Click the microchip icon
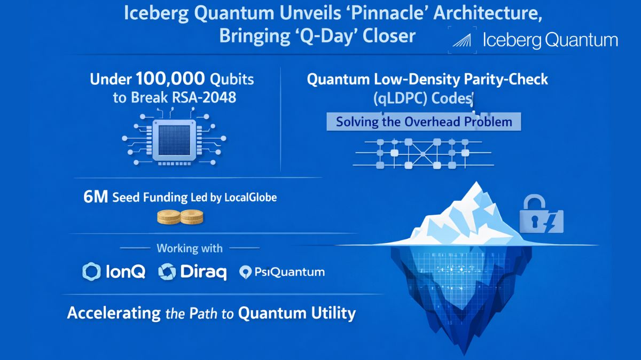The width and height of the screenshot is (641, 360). pyautogui.click(x=171, y=140)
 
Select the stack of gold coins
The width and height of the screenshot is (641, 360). pyautogui.click(x=181, y=217)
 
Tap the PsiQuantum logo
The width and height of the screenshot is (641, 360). pyautogui.click(x=283, y=272)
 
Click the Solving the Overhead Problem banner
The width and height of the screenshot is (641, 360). pyautogui.click(x=424, y=122)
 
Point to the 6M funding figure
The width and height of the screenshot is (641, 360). pyautogui.click(x=96, y=197)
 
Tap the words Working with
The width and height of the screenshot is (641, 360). pyautogui.click(x=190, y=248)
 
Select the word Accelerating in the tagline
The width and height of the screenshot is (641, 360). pyautogui.click(x=113, y=312)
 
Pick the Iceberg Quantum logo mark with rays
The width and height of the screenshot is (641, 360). pyautogui.click(x=464, y=41)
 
